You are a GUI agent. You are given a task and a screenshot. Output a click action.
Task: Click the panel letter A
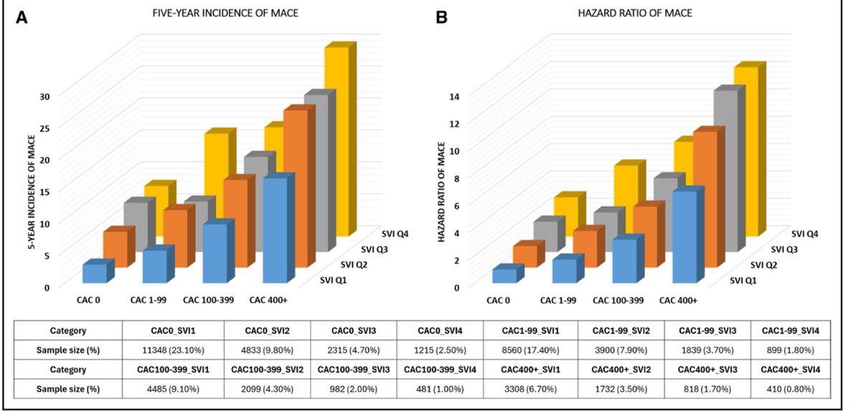pos(22,15)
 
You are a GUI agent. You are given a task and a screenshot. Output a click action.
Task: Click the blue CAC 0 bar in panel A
pos(94,273)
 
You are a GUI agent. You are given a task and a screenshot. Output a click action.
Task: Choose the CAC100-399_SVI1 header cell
pos(173,370)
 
